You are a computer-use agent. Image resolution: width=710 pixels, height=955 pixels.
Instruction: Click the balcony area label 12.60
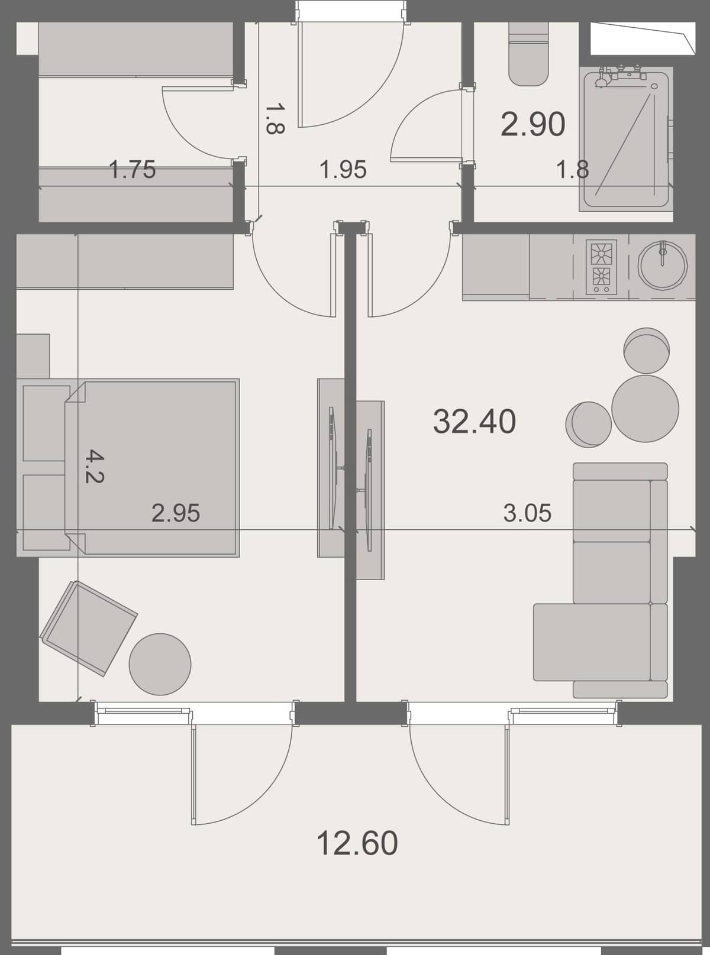coord(357,843)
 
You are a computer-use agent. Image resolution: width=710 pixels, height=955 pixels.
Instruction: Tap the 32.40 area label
coord(475,422)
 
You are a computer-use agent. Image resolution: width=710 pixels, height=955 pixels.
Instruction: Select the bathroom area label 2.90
coord(532,125)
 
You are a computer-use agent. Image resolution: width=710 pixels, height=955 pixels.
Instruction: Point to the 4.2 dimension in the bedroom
coord(93,466)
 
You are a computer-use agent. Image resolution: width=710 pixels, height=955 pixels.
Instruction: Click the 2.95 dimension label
coord(176,513)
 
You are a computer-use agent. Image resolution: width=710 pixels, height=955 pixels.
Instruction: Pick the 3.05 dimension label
coord(527,513)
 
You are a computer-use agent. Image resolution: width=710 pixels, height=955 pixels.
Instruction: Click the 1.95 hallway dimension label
coord(343,170)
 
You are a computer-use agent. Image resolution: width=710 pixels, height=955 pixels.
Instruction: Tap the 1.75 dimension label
coord(133,170)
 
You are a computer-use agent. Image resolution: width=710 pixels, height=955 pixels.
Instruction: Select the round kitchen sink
coord(663,265)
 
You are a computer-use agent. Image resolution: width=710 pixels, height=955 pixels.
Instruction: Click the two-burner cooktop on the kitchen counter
coord(601,267)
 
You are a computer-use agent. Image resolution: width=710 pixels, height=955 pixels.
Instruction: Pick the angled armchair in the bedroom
coord(89,627)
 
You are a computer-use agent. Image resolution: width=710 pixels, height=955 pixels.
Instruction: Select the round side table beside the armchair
coord(160,664)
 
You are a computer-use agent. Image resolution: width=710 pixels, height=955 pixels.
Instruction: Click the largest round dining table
coord(645,409)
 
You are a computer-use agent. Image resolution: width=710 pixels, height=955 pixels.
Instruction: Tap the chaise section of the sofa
coord(592,642)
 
